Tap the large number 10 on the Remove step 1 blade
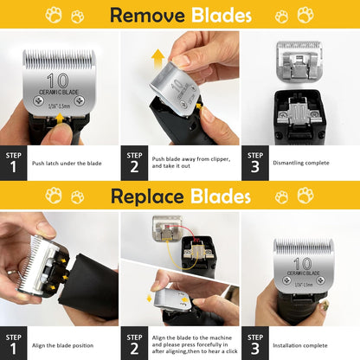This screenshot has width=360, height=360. (59, 83)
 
